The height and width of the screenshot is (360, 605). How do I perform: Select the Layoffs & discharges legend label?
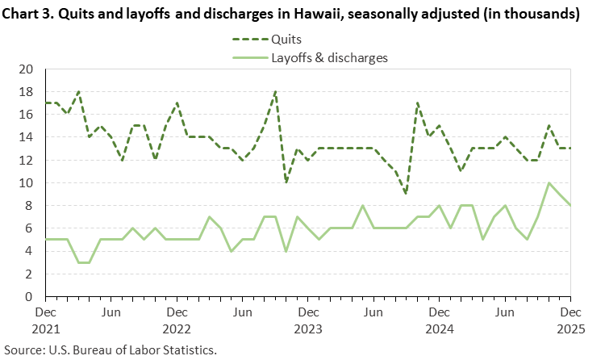pyautogui.click(x=329, y=57)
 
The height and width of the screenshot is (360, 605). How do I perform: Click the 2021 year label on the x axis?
pyautogui.click(x=45, y=329)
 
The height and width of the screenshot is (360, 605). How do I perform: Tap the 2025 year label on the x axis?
pyautogui.click(x=570, y=329)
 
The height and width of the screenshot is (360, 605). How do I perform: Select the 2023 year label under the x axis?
pyautogui.click(x=307, y=329)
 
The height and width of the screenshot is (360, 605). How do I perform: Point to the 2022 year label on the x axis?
pyautogui.click(x=177, y=329)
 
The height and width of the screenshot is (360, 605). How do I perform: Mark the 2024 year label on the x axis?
pyautogui.click(x=439, y=329)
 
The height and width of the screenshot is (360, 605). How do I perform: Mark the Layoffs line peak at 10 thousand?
pyautogui.click(x=549, y=183)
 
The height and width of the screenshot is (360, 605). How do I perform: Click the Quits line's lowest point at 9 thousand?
pyautogui.click(x=406, y=195)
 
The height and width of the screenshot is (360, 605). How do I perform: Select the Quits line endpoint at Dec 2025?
pyautogui.click(x=570, y=149)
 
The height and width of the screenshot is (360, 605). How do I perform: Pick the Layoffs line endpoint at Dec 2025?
pyautogui.click(x=570, y=206)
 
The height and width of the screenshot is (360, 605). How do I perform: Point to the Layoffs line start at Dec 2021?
pyautogui.click(x=45, y=240)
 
